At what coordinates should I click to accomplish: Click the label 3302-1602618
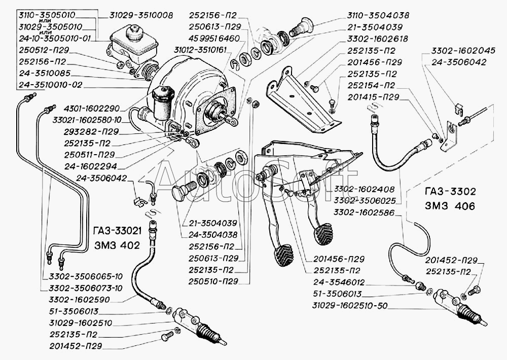click(379, 38)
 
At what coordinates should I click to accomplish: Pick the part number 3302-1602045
click(459, 51)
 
